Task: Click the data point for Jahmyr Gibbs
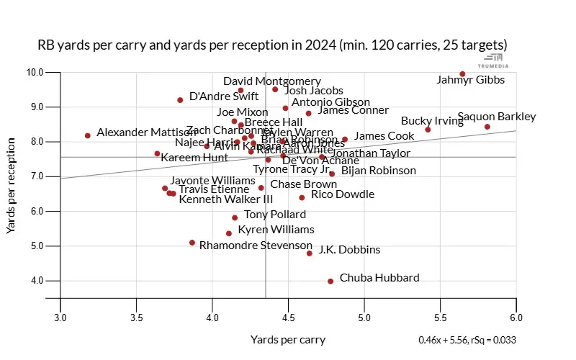(462, 73)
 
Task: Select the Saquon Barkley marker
(487, 127)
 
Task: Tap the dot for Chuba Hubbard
(330, 282)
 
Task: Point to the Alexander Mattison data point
(88, 135)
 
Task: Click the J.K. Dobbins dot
(310, 253)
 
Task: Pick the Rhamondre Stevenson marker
(192, 243)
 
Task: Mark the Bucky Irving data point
(428, 130)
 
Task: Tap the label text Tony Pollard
(275, 215)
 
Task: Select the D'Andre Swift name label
(224, 96)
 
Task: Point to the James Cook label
(384, 136)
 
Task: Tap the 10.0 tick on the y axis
(35, 72)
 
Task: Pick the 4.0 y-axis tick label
(37, 281)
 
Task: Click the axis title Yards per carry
(288, 340)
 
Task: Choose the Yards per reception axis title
(12, 186)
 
